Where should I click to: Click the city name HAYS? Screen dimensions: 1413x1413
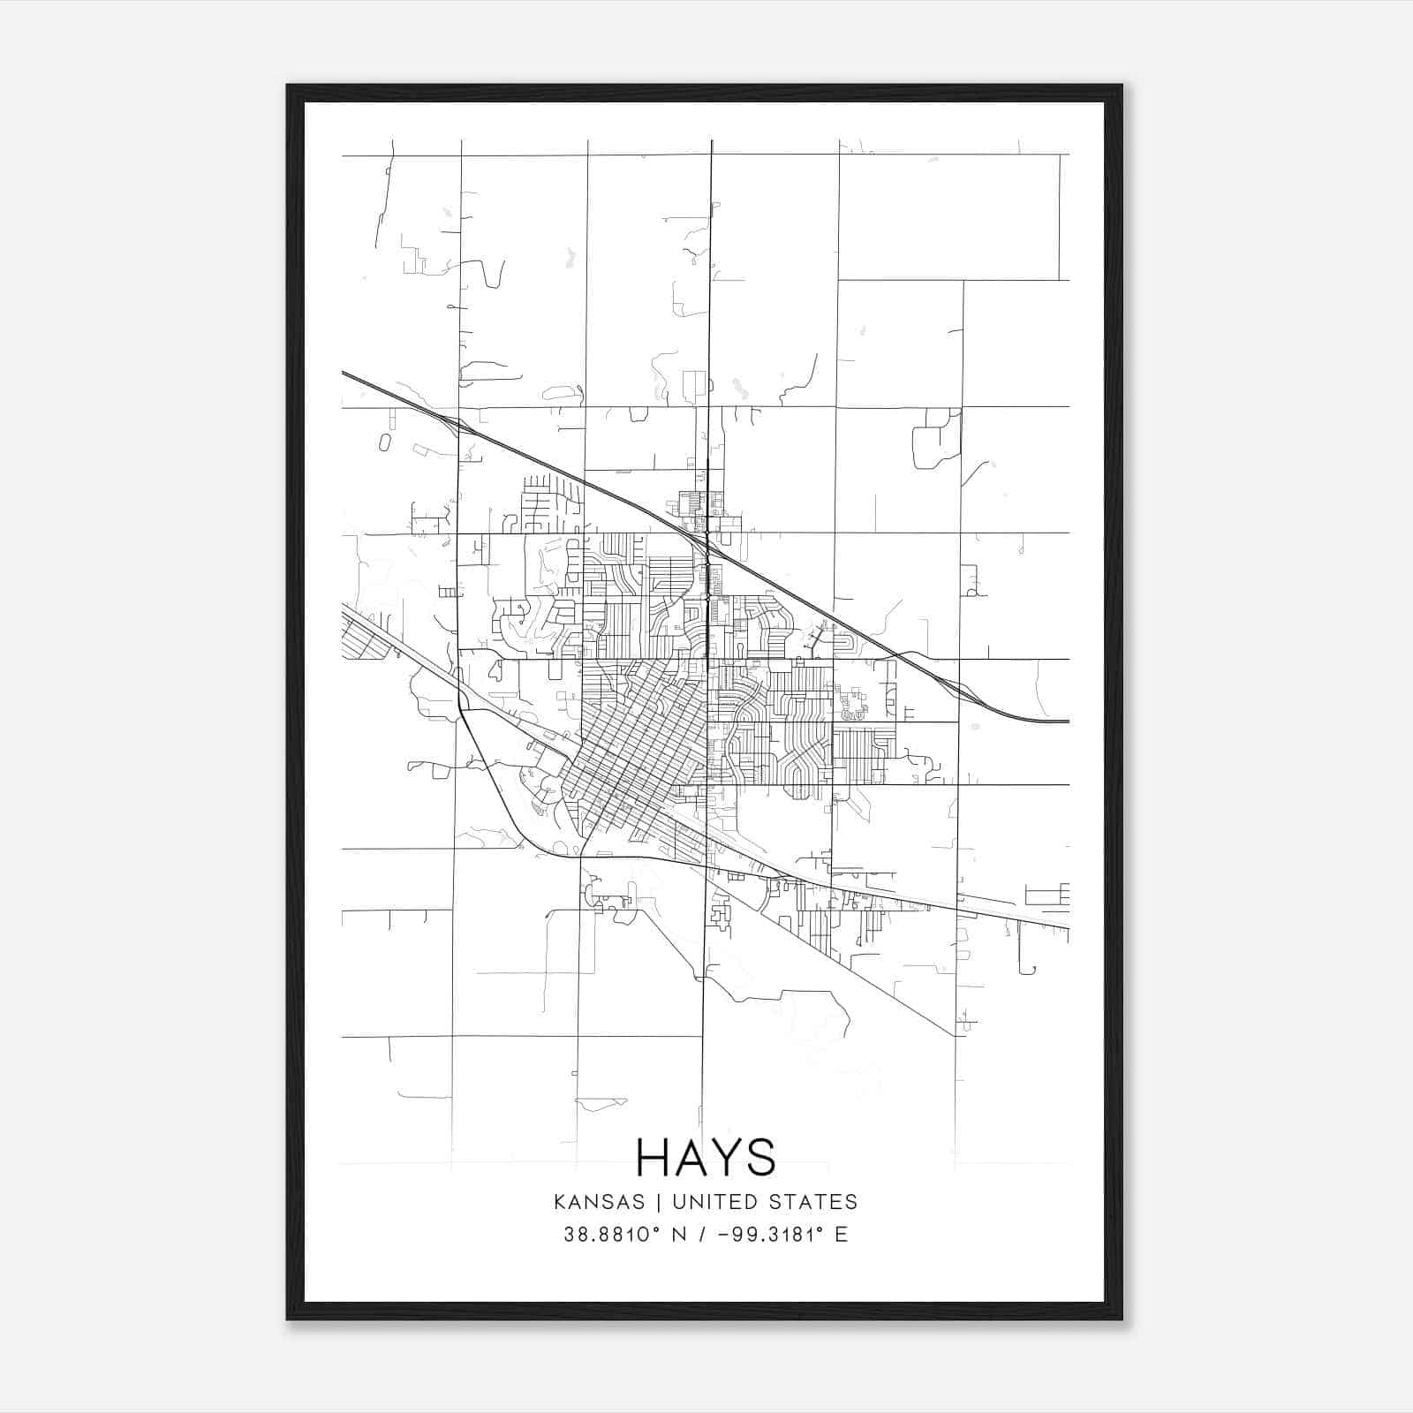[706, 1157]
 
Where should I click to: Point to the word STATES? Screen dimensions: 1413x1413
[814, 1202]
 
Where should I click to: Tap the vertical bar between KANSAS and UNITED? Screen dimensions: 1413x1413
[663, 1202]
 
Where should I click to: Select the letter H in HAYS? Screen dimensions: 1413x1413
[654, 1157]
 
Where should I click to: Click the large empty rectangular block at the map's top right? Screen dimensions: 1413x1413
[948, 217]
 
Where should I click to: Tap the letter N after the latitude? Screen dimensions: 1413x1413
[679, 1235]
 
